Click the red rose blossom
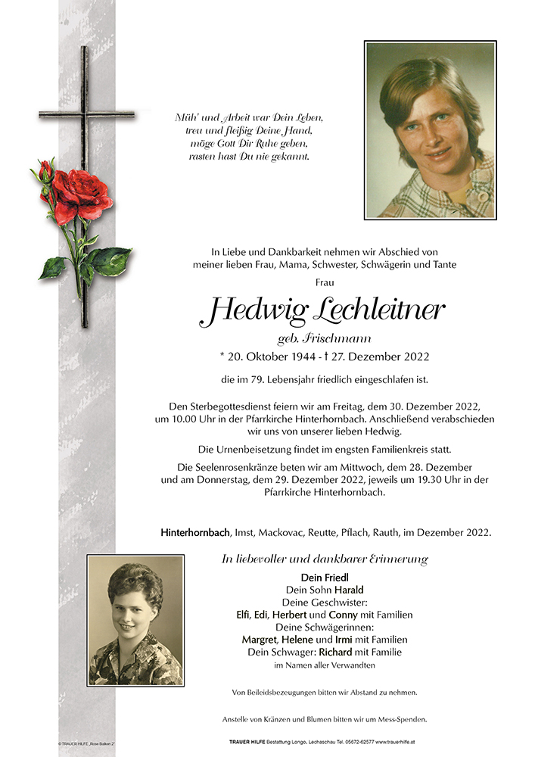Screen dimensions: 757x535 pyautogui.click(x=82, y=194)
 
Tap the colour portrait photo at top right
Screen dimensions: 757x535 pyautogui.click(x=430, y=130)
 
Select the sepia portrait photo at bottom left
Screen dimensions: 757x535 pyautogui.click(x=135, y=620)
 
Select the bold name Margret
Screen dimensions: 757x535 pyautogui.click(x=259, y=640)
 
